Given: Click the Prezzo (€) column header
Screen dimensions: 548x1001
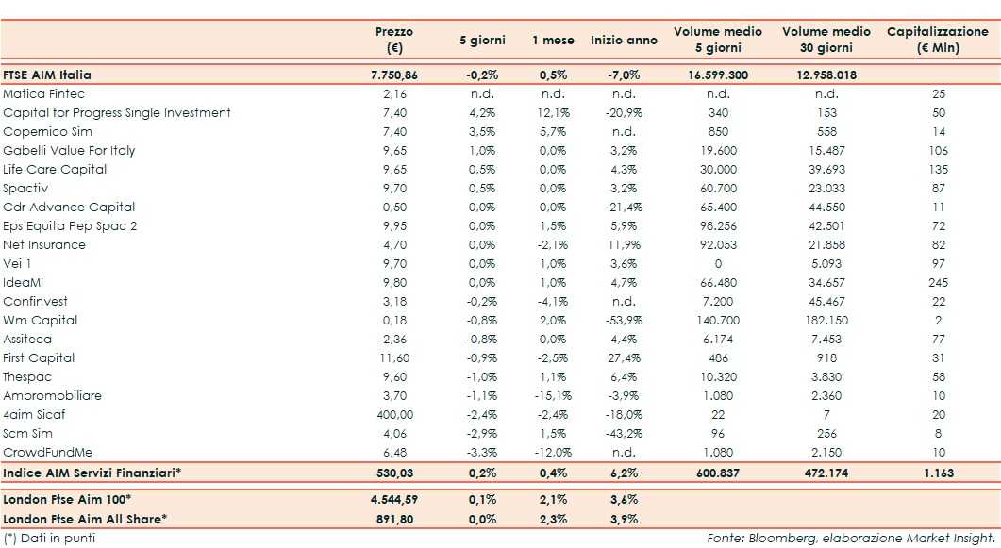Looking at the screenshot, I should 394,40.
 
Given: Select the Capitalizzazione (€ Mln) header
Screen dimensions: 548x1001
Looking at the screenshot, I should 937,40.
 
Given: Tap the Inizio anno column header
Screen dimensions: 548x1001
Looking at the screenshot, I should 624,41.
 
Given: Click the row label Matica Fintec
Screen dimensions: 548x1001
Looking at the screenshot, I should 43,94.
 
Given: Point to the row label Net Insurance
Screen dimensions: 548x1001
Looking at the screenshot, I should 44,245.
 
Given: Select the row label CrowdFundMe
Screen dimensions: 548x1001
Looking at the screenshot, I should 48,453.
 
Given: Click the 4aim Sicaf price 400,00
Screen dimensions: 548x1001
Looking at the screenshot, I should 394,415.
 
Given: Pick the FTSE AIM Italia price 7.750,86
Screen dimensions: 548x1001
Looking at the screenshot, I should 394,75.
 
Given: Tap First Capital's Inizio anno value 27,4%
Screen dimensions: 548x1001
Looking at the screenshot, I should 624,358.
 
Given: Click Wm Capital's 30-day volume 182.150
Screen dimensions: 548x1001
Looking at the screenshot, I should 826,321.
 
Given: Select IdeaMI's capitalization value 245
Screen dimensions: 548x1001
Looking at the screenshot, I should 938,283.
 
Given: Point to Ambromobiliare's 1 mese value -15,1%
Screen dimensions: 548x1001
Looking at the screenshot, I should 552,396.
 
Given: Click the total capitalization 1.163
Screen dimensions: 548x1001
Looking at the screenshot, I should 938,472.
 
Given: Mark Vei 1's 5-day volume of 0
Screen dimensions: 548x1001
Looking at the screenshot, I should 718,264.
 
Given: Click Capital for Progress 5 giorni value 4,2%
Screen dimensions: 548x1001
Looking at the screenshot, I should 482,113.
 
